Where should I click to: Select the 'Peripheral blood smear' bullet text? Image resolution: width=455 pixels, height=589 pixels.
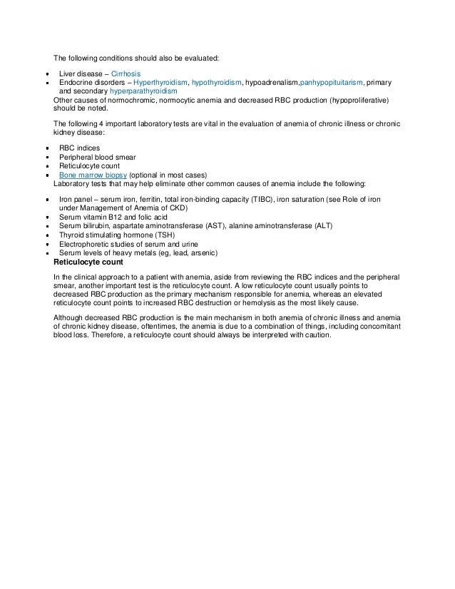tap(97, 156)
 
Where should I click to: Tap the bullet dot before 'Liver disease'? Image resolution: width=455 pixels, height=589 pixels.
tap(46, 75)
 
